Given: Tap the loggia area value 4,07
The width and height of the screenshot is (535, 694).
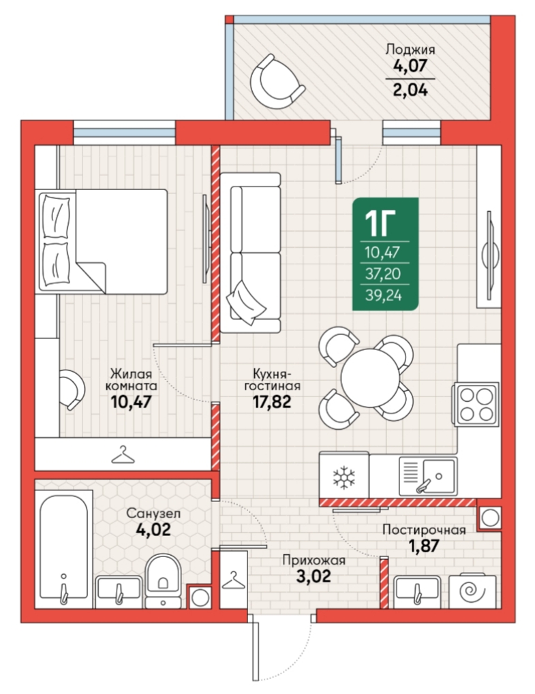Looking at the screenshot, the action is tap(410, 65).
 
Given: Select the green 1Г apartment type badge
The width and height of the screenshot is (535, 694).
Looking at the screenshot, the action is tap(385, 254).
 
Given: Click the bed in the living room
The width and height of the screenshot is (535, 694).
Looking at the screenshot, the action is tap(103, 241).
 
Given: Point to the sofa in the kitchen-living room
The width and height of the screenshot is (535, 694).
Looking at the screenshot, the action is tap(250, 253).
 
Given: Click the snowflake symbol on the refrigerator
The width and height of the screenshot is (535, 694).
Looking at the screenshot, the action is tap(344, 477).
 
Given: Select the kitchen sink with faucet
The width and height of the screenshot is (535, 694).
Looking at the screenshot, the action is tap(428, 476).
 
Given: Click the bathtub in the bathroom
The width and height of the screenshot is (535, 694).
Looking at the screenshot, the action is tap(64, 549).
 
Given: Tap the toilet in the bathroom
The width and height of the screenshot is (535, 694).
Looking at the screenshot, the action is tap(163, 580).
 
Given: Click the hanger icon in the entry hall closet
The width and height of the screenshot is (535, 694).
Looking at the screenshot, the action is tap(233, 580).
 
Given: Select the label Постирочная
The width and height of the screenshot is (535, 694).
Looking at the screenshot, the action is tap(424, 530).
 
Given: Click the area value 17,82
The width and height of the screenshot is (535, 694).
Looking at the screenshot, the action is tap(272, 401).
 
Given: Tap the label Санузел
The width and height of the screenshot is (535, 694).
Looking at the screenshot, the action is tap(153, 514).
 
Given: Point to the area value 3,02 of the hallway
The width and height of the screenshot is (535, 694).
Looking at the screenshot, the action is tap(314, 576).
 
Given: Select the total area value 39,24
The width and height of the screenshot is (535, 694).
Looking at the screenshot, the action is tap(384, 295).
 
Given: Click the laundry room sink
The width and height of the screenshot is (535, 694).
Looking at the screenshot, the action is tap(417, 592).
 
